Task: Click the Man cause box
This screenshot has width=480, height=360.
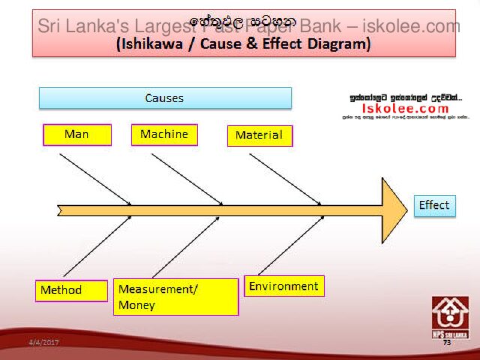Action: tap(76, 134)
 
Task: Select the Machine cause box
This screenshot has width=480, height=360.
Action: tap(164, 134)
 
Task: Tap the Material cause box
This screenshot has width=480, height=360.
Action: tap(259, 136)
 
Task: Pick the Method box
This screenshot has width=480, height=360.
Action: tap(71, 290)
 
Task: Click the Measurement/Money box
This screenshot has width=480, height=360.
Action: tap(175, 297)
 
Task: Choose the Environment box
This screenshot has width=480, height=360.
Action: tap(284, 286)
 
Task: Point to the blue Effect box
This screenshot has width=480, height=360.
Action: tap(434, 205)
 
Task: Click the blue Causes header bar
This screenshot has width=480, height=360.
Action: tap(165, 98)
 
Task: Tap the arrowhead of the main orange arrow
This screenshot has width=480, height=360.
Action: tap(392, 205)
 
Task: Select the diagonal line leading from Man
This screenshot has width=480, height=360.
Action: tap(95, 178)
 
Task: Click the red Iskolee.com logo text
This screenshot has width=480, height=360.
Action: tap(405, 108)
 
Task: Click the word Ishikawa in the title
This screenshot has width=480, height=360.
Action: tap(156, 44)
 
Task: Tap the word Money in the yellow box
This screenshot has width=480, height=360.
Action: tap(136, 305)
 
